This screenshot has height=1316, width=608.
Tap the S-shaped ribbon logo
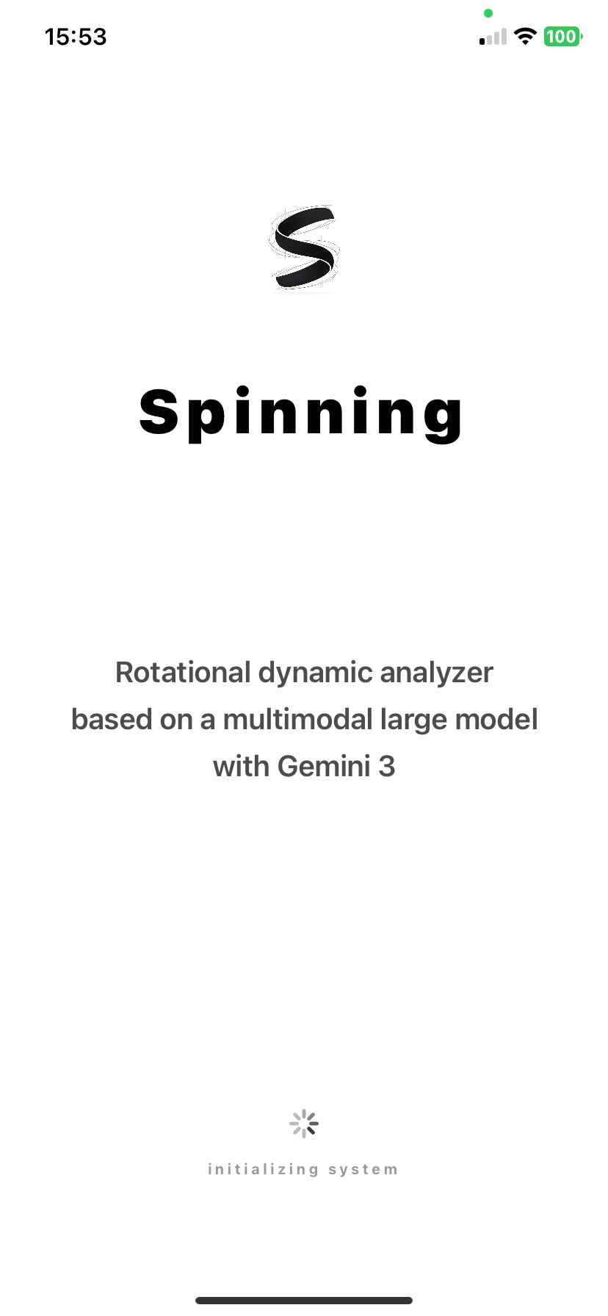pos(304,247)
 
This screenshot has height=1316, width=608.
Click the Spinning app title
pos(301,413)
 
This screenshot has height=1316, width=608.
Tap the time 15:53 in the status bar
pos(76,37)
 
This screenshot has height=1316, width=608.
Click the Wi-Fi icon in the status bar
pos(525,37)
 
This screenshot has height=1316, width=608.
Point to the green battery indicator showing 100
pos(562,37)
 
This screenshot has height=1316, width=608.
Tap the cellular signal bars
pos(493,37)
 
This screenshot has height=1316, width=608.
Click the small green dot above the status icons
pos(488,13)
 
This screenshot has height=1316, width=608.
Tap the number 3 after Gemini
pos(387,767)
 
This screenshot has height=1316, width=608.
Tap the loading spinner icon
pos(304,1124)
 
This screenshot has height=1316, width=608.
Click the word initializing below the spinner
pos(263,1169)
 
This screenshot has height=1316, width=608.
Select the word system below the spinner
pos(363,1169)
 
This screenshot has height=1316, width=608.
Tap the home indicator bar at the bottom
pos(304,1301)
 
